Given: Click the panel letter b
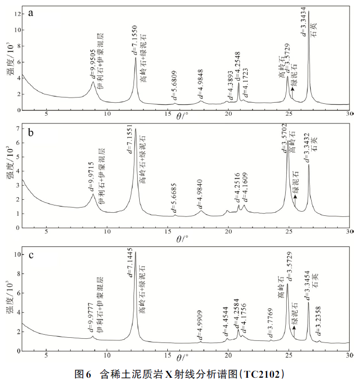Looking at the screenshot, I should click(x=31, y=133).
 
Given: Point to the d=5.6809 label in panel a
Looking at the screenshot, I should click(x=175, y=86).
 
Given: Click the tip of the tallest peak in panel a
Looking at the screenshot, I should click(x=309, y=11).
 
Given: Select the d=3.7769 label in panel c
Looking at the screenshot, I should click(x=270, y=324).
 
